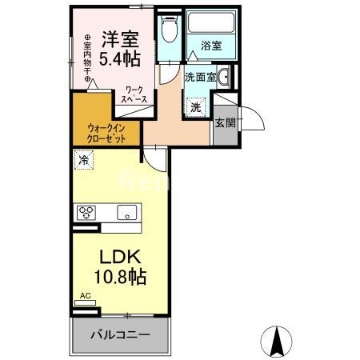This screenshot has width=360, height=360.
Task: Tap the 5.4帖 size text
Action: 121,58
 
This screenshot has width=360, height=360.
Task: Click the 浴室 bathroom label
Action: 211,46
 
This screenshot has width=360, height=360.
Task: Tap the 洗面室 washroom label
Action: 199,78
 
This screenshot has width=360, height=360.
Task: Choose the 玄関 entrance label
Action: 225,122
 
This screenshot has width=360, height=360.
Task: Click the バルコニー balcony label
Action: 119,334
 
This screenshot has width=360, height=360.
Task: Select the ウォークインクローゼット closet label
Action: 106,131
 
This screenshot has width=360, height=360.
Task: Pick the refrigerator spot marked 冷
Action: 84,159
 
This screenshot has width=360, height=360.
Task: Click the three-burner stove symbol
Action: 86,212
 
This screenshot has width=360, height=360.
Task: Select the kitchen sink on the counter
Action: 126,212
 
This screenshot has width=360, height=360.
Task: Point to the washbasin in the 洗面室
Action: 226,78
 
